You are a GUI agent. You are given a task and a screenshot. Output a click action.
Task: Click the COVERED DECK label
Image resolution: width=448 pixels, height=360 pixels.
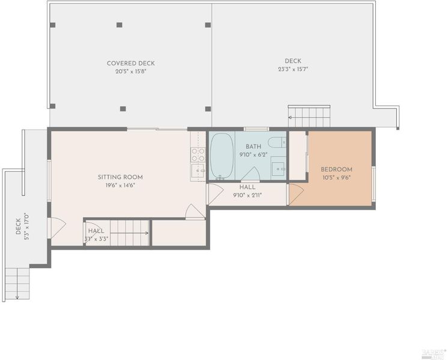(x=130, y=64)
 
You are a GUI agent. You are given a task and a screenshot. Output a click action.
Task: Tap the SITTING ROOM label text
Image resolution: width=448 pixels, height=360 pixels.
(x=120, y=177)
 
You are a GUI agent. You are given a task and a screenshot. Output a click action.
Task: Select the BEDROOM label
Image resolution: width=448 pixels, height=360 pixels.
(x=336, y=170)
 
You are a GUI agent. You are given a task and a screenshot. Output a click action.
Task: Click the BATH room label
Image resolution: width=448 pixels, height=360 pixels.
(x=253, y=147)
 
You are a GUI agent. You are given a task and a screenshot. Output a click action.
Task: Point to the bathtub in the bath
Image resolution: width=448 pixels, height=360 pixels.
(x=222, y=155)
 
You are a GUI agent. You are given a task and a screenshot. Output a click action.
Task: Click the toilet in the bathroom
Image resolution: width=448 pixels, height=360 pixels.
(x=277, y=142)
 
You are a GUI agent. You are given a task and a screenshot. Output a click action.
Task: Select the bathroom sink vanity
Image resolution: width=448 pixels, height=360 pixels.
(x=278, y=168)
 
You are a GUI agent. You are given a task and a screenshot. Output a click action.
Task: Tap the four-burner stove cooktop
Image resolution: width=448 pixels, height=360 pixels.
(x=198, y=155)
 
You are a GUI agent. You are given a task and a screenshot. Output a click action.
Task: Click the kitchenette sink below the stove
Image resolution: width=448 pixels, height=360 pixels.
(x=198, y=170)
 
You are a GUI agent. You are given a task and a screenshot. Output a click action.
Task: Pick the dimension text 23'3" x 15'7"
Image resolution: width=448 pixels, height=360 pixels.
(x=293, y=69)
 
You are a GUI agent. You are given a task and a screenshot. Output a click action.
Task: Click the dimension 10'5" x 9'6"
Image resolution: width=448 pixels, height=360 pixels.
(x=336, y=178)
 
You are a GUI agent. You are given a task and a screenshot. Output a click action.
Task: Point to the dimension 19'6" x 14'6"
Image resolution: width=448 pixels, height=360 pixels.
(x=120, y=185)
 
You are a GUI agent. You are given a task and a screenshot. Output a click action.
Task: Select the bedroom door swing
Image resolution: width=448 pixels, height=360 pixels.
(x=296, y=194)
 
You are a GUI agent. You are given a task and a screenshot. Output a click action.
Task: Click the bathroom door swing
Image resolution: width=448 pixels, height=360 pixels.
(x=250, y=174)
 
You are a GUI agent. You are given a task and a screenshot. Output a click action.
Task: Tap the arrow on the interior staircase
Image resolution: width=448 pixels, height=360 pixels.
(x=130, y=233)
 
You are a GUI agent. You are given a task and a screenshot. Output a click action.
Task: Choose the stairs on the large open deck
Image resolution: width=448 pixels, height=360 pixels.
(x=309, y=116)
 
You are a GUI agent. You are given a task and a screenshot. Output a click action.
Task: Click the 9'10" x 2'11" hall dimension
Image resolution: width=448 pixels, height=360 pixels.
(x=247, y=195)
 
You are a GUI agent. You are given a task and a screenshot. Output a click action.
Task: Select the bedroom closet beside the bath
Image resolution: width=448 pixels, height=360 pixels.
(x=297, y=155)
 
